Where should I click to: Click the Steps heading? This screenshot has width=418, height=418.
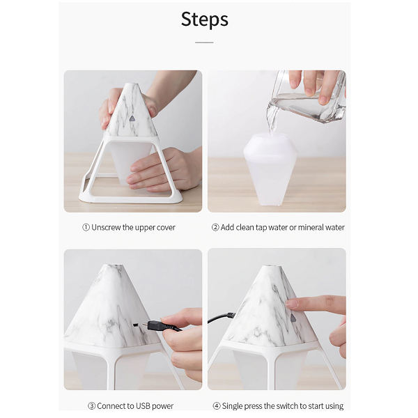point(204,20)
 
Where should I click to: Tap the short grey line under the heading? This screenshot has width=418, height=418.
point(204,42)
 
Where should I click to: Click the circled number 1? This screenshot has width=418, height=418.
point(86,227)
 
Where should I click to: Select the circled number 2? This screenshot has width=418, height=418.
point(215,227)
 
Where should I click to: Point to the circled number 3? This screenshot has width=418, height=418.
point(91,406)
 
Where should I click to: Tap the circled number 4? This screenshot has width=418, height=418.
point(217,406)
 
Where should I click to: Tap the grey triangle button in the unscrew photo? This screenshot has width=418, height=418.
point(132,118)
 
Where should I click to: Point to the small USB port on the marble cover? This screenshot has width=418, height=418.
point(136,325)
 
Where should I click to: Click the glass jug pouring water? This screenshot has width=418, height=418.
point(307,98)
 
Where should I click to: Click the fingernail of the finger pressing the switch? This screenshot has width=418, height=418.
point(291,304)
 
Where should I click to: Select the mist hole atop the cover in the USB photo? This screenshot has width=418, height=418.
point(115,265)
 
